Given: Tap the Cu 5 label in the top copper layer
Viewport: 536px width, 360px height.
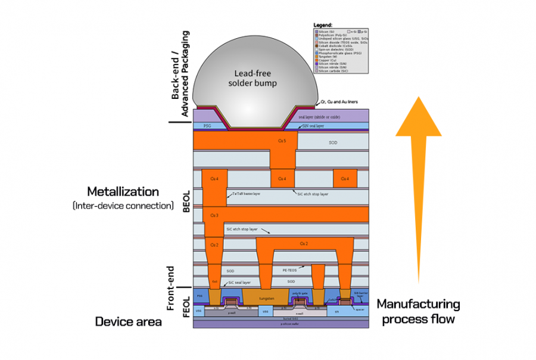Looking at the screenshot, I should pyautogui.click(x=282, y=141).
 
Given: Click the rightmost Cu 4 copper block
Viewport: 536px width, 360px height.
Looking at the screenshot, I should pyautogui.click(x=344, y=178).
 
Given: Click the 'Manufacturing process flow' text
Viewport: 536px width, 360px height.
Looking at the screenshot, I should pyautogui.click(x=418, y=312).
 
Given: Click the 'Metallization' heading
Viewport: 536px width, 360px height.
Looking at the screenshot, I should pyautogui.click(x=123, y=192).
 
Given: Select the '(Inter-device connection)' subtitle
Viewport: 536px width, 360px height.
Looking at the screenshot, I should pyautogui.click(x=123, y=206).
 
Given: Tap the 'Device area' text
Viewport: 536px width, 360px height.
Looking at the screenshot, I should pyautogui.click(x=129, y=322).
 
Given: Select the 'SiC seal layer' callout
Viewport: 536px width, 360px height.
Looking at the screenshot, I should pyautogui.click(x=239, y=283).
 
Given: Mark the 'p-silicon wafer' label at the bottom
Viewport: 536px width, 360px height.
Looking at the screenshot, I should pyautogui.click(x=281, y=324).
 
